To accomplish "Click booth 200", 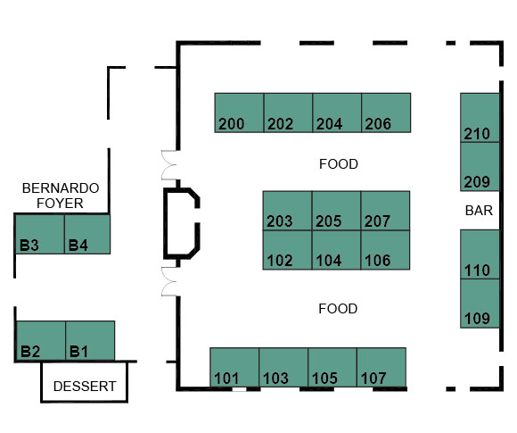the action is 239,112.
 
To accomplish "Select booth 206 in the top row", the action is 386,112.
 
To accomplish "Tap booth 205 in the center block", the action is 336,211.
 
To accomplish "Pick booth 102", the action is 287,250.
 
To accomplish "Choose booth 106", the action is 385,250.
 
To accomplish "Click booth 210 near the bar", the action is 480,118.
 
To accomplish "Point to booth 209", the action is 480,167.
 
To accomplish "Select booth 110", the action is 480,254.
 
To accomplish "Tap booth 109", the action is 480,304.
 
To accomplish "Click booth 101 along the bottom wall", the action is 234,367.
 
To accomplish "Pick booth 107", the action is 382,367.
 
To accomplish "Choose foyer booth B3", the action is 40,234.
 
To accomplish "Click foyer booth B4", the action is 87,234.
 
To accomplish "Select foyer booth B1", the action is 90,340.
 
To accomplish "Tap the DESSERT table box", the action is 84,382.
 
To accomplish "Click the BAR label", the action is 479,211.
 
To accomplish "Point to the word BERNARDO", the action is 61,188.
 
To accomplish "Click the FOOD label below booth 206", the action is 339,164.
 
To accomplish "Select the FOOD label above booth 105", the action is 338,309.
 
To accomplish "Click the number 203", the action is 280,221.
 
